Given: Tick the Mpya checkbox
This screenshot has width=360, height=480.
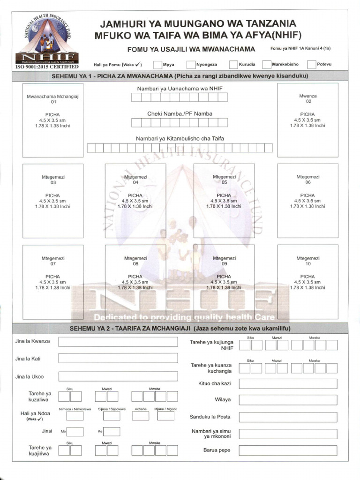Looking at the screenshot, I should [157, 65].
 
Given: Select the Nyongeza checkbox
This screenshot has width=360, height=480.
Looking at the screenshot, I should [191, 65].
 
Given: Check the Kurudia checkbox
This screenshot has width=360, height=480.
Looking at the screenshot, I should [233, 65].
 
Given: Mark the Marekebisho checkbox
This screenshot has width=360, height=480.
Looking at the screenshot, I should [267, 65].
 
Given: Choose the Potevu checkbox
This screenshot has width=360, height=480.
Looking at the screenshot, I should [312, 65].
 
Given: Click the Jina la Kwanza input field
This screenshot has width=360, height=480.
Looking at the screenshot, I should [118, 341].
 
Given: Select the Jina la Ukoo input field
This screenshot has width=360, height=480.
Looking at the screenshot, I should [118, 376].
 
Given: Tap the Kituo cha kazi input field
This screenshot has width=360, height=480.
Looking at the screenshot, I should [288, 384].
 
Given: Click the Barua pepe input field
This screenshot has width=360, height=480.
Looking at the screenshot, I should [288, 450].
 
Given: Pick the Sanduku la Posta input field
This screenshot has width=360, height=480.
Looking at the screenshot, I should [288, 417].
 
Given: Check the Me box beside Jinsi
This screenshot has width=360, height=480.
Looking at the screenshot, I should [75, 432].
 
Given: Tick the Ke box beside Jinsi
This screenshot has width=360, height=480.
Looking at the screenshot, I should [112, 432].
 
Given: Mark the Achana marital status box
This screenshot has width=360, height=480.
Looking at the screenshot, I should [140, 416].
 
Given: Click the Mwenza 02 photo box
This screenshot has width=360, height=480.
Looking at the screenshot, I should [308, 120].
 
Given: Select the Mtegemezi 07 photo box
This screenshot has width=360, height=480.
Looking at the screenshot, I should [53, 282].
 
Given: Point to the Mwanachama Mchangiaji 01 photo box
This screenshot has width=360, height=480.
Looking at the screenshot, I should [53, 120].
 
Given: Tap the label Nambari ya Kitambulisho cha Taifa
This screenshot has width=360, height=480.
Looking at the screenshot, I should [180, 138].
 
